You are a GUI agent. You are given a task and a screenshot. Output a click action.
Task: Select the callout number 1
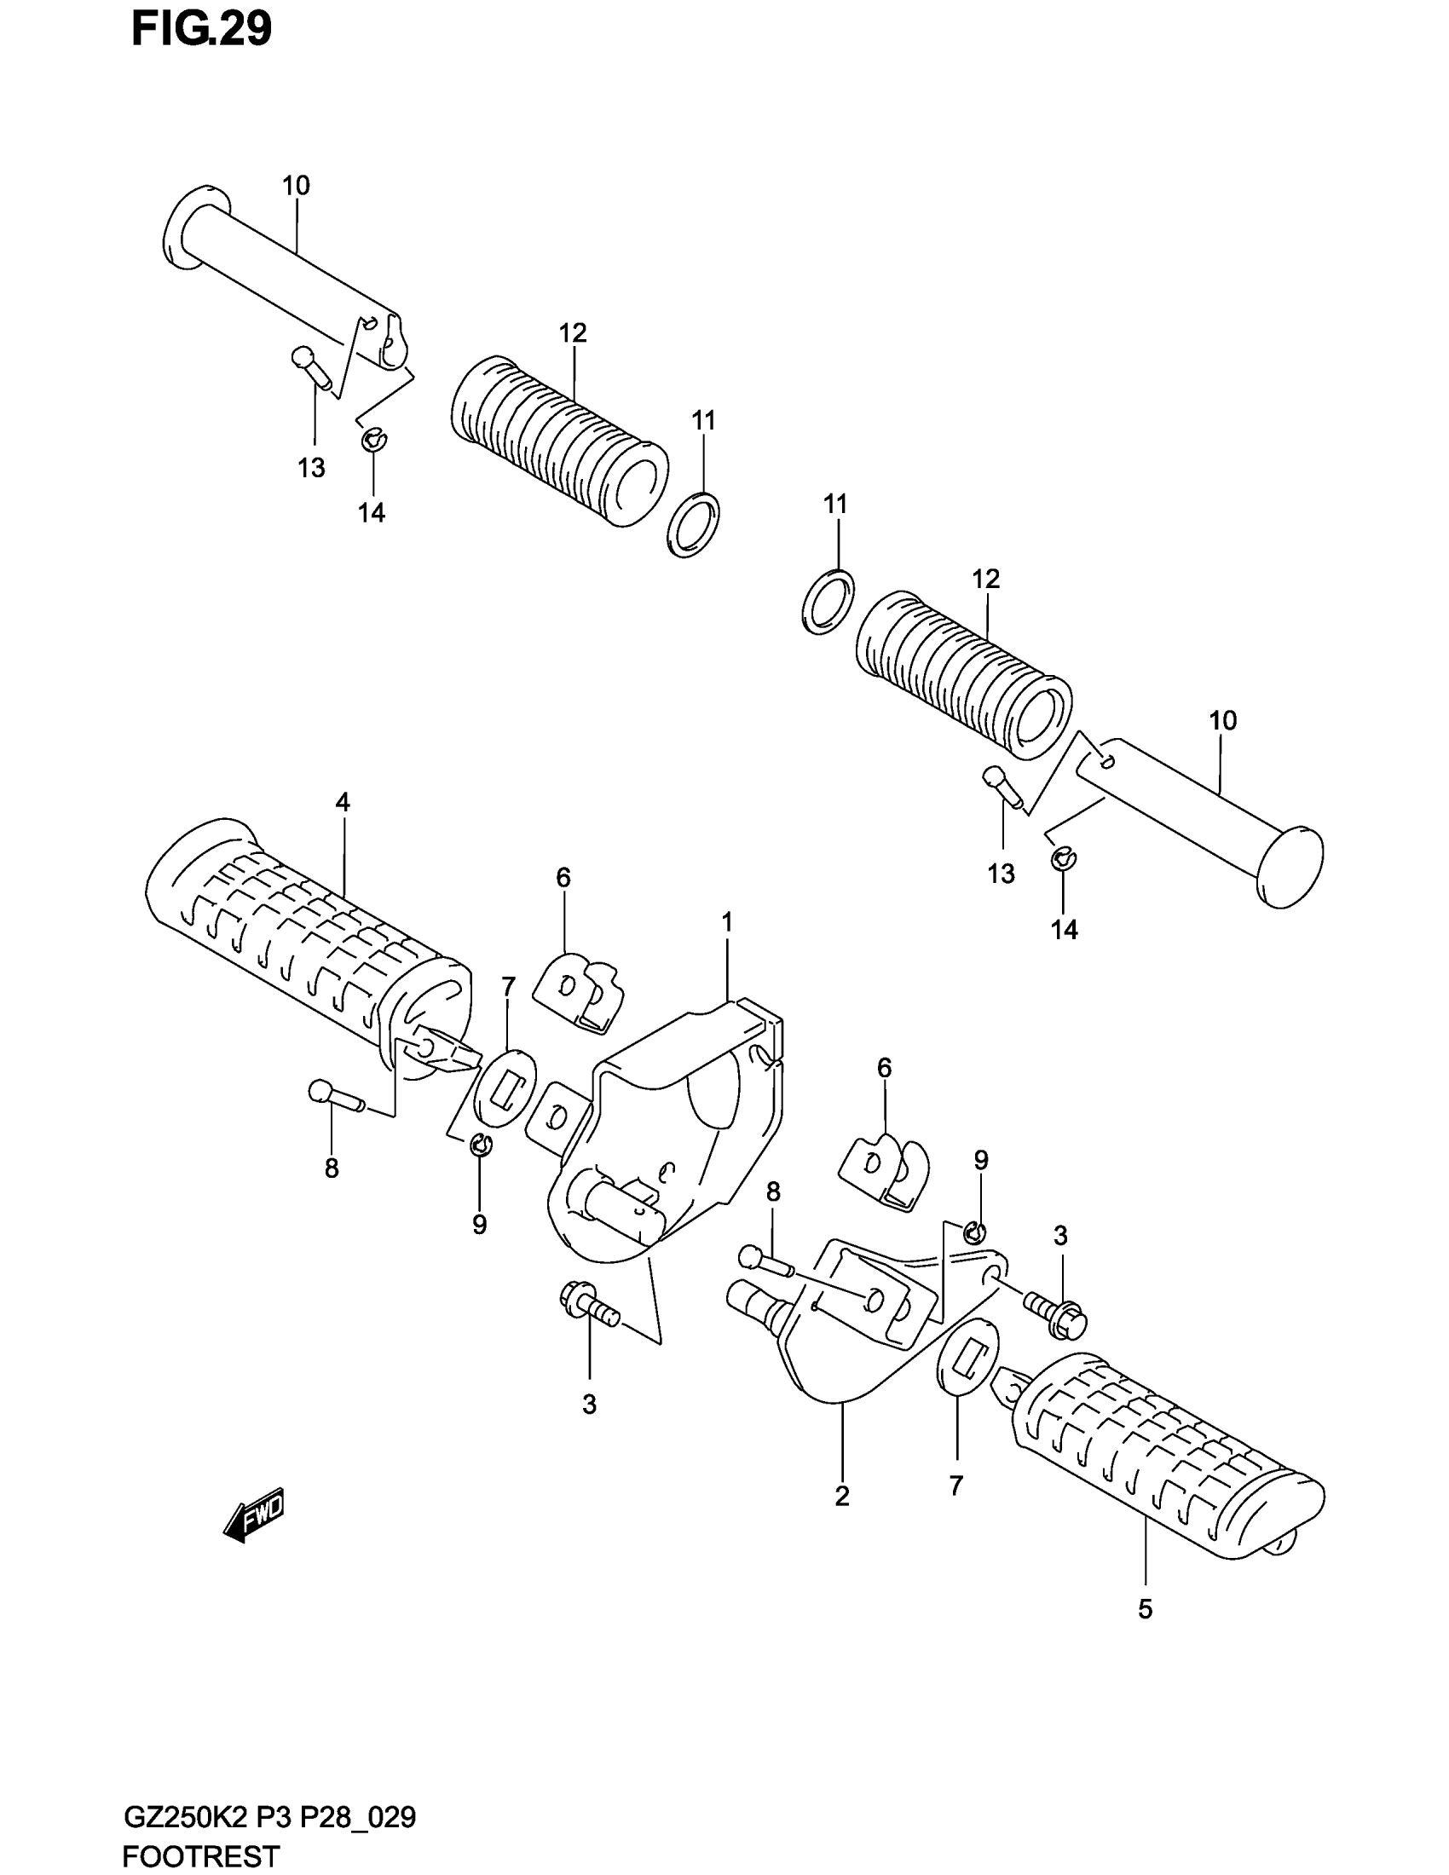(726, 924)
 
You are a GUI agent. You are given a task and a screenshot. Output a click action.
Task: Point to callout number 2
(841, 1497)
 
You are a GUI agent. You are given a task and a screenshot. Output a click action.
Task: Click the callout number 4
(343, 803)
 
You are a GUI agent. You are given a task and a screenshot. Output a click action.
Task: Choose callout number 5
(1144, 1609)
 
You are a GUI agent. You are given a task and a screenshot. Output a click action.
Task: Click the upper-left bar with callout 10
(283, 274)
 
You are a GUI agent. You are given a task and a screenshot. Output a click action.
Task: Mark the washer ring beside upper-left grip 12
(693, 526)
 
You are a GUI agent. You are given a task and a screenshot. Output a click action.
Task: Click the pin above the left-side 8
(336, 1096)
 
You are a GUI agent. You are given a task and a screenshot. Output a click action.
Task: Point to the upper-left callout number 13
(312, 468)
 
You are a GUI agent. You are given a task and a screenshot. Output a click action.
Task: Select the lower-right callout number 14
(1065, 930)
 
